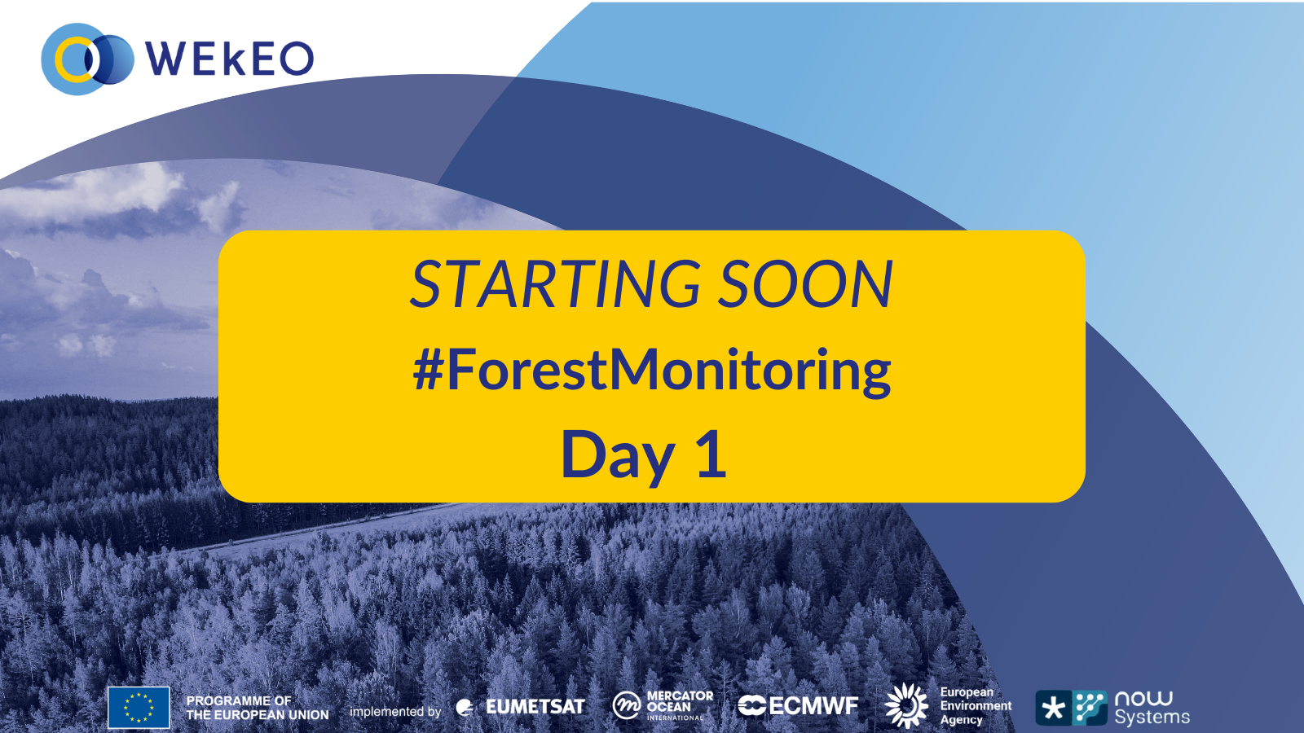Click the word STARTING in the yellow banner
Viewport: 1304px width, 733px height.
point(556,284)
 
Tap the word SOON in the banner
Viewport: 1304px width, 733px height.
point(805,284)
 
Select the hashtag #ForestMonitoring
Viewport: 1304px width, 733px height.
point(652,371)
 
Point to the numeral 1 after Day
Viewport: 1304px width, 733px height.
point(712,453)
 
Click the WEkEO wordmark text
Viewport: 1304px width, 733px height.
point(229,58)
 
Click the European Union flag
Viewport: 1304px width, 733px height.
point(139,708)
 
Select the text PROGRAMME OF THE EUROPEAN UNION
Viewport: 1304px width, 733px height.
point(258,708)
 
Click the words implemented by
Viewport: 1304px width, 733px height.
point(395,712)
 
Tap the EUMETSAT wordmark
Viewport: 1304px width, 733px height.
point(535,707)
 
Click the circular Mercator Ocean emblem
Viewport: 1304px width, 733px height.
point(627,706)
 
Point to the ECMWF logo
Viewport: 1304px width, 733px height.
point(798,705)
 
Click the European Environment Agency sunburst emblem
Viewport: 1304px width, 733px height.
point(905,705)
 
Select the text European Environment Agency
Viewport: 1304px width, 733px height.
point(976,705)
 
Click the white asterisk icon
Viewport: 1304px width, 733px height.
point(1053,709)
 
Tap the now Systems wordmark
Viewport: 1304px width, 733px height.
point(1152,709)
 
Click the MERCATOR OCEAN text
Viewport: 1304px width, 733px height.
point(680,701)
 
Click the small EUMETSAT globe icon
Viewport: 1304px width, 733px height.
point(465,708)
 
